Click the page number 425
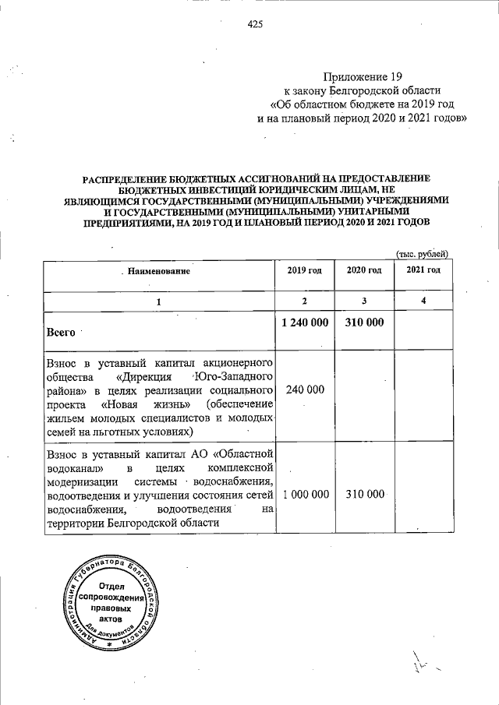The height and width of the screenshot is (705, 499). tap(255, 24)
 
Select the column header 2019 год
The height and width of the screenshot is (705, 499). tap(305, 270)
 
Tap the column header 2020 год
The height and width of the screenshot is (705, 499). tap(363, 270)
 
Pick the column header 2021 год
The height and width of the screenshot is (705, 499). tap(423, 270)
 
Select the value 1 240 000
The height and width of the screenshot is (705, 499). tap(305, 323)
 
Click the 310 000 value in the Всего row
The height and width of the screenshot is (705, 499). tap(363, 323)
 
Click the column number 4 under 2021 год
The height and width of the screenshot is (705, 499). tap(423, 301)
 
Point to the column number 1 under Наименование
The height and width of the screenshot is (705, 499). tap(159, 301)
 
